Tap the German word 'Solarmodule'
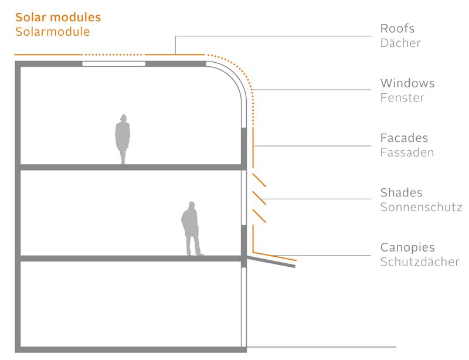pos(53,32)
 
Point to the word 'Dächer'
pos(400,43)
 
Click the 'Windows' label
pos(407,83)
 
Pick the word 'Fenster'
pos(402,98)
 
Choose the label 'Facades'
pos(404,138)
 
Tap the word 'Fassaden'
pos(407,153)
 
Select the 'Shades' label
pos(401,193)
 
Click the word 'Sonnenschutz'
pos(421,208)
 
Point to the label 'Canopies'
pos(407,247)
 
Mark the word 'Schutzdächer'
pos(419,262)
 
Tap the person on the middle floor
pos(191,229)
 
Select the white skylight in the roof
pos(113,63)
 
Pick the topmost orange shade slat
pos(259,180)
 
